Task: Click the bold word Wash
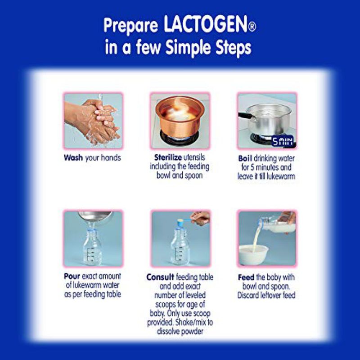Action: pos(73,158)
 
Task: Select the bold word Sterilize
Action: pos(168,157)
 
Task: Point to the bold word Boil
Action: pos(245,158)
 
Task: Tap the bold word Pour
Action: pos(72,276)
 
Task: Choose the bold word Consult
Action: pos(160,277)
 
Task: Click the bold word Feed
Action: pos(246,277)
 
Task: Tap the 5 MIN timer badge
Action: pos(283,141)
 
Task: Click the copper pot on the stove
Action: pos(180,117)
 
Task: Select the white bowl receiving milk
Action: pos(253,254)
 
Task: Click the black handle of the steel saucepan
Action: pos(245,115)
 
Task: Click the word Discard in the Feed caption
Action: pos(248,295)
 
